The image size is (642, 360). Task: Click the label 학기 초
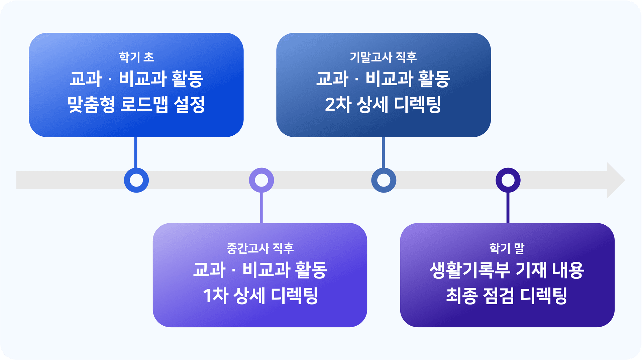coord(136,57)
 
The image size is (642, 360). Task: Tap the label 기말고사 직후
coord(383,57)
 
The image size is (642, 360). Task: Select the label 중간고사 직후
coord(260,248)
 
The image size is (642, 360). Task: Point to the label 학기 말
coord(507,248)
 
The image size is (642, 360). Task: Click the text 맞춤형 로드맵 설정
coord(136,104)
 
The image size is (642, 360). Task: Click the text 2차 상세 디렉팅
coord(383,104)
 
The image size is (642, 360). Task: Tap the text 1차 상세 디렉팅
coord(260,295)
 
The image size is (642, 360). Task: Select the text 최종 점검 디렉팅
coord(507,295)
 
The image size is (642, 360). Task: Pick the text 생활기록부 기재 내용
coord(507,270)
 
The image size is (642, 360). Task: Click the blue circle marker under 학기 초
coord(136,180)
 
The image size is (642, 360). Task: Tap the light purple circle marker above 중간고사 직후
coord(261,180)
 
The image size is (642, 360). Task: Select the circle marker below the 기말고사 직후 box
coord(384,180)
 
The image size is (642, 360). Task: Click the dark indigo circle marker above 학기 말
coord(508,180)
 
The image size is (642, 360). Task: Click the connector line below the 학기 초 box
coord(135,152)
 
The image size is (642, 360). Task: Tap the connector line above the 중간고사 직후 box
coord(261,208)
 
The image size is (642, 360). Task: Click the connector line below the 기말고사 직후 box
coord(383,152)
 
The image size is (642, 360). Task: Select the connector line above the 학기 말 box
coord(508,208)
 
